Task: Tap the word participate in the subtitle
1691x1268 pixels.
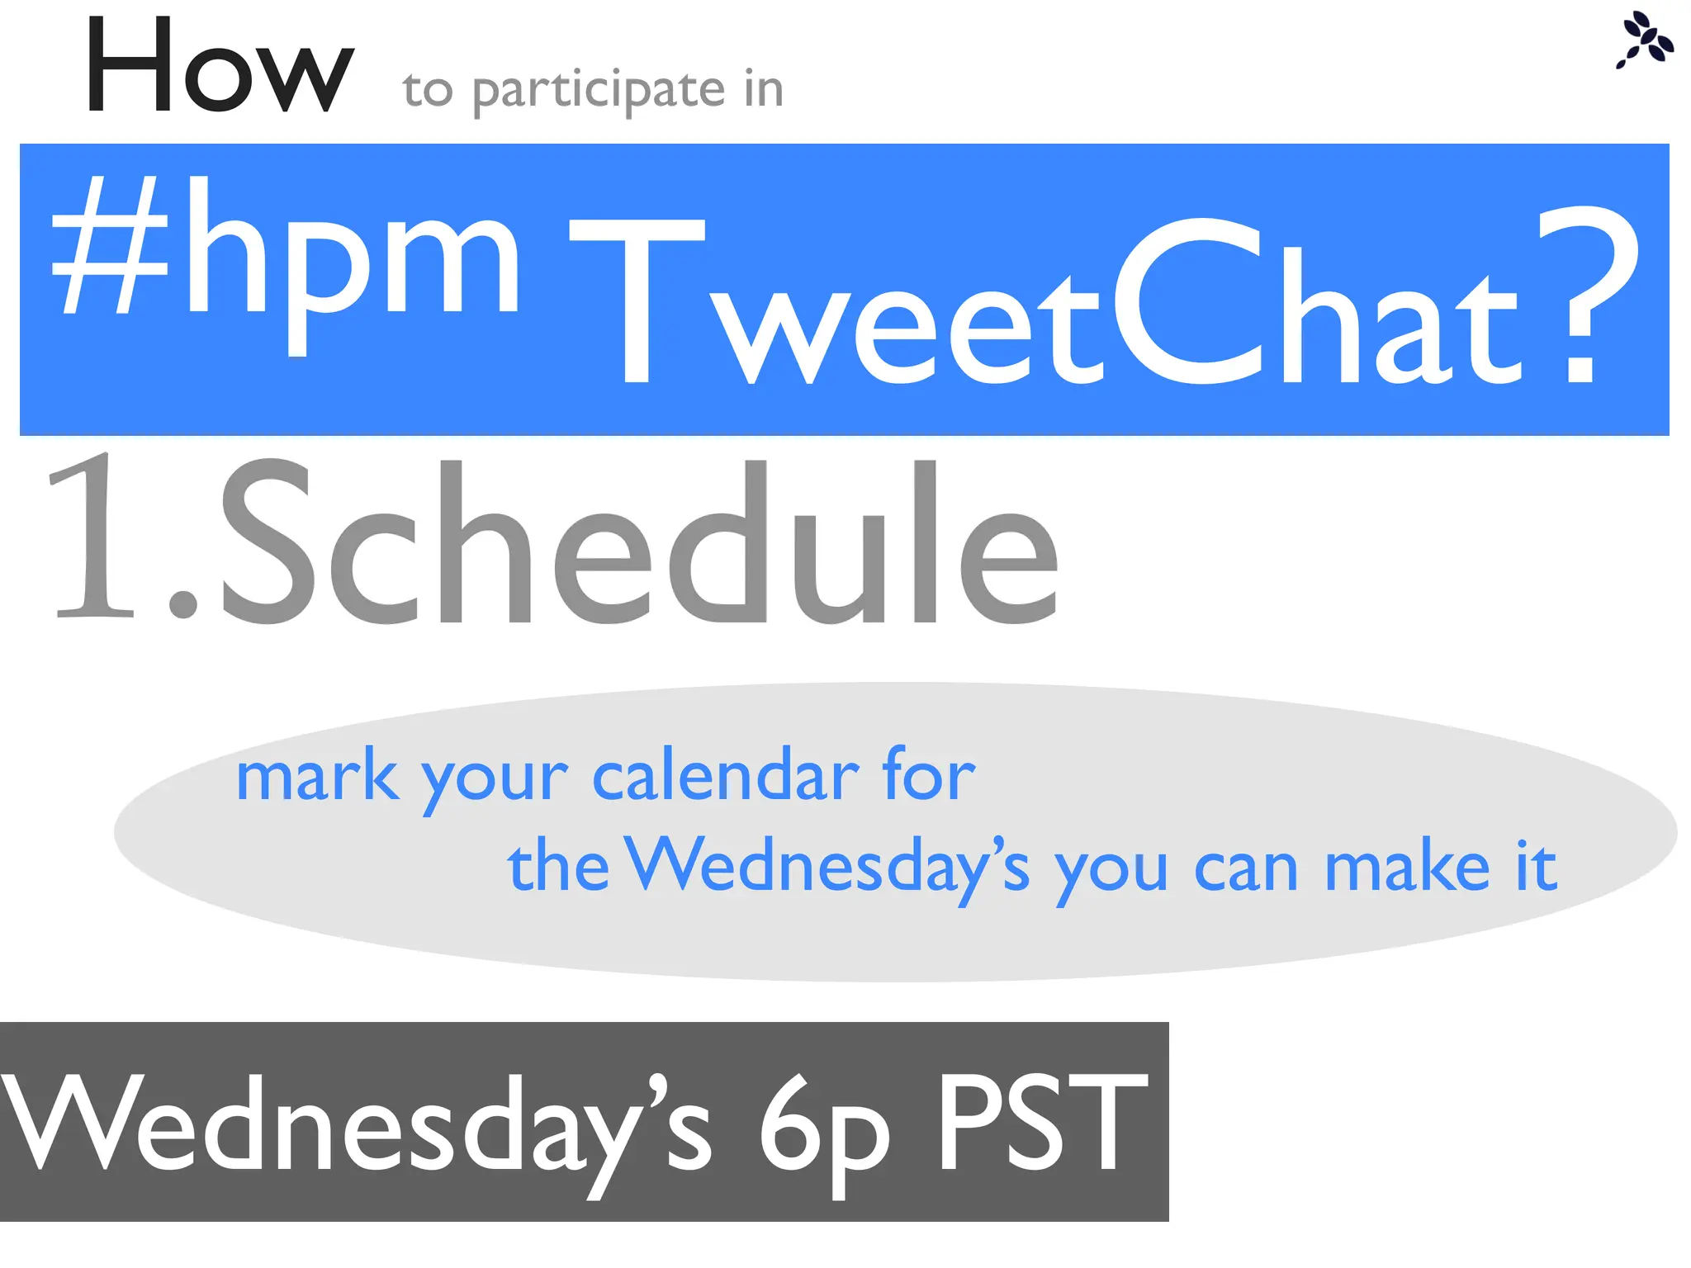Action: pos(599,90)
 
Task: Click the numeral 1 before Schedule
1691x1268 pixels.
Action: pos(90,537)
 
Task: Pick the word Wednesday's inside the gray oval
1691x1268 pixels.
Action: pos(827,867)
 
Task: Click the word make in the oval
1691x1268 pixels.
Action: pos(1407,867)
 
